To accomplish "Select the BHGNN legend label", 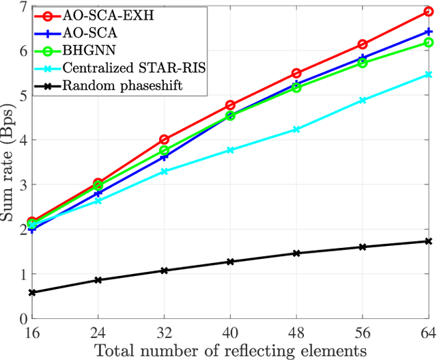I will [84, 50].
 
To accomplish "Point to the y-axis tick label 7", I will [23, 7].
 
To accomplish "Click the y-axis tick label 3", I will [23, 184].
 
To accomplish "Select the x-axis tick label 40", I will [230, 331].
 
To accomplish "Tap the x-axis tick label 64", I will [428, 331].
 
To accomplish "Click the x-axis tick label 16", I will [32, 331].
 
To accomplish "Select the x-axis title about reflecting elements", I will [230, 350].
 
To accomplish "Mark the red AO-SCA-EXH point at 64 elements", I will [428, 12].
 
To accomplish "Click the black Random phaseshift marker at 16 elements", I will [32, 292].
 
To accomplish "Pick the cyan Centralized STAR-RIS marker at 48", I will [296, 129].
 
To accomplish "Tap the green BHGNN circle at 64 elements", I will [428, 42].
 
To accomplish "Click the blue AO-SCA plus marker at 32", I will [164, 156].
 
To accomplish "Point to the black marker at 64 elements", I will [428, 241].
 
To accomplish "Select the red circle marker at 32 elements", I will [164, 139].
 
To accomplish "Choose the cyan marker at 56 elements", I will [363, 100].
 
